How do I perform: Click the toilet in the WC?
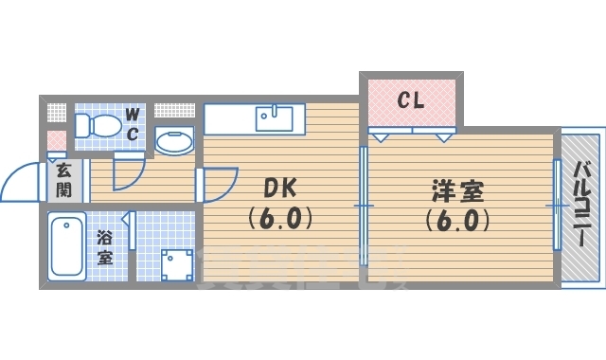pos(98,124)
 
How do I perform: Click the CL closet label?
pos(409,98)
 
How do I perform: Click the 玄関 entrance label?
pos(63,179)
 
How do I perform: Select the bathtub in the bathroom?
pos(67,247)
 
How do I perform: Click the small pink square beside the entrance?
pos(57,142)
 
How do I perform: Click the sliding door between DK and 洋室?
pos(364,204)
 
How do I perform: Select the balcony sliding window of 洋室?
pos(557,204)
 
